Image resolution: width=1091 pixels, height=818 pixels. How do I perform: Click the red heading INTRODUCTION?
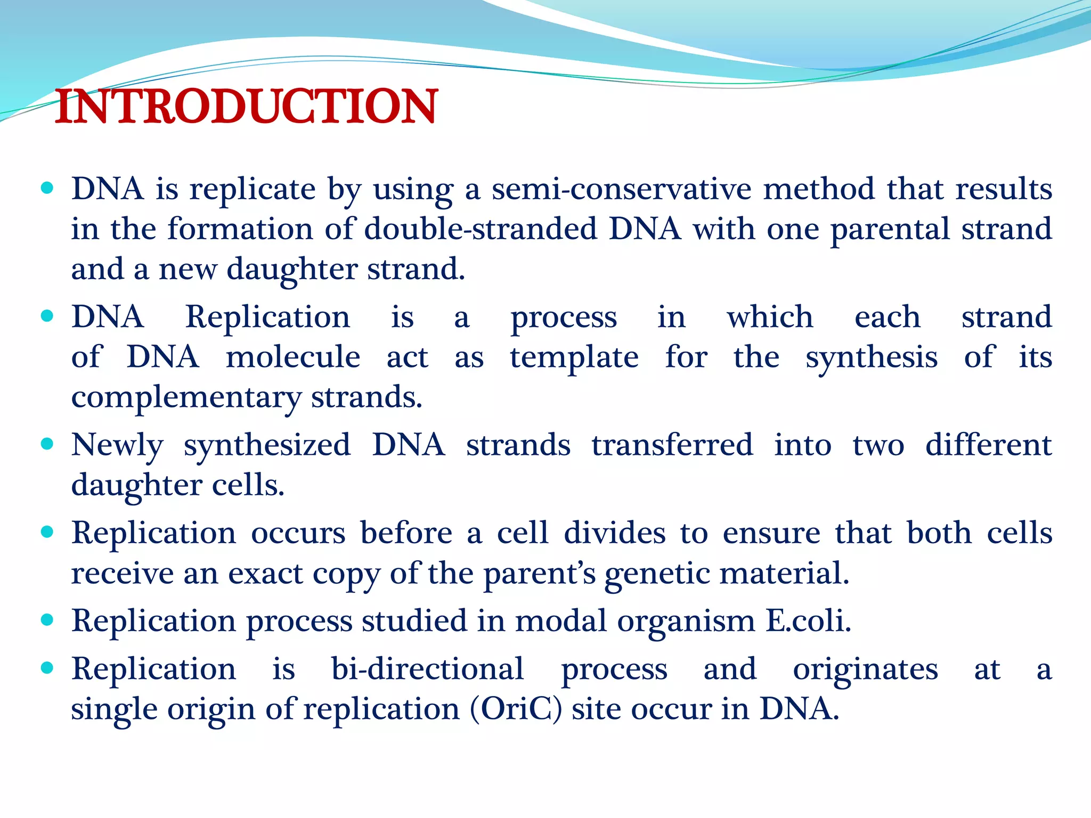point(246,107)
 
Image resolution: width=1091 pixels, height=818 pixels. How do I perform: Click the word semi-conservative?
point(621,189)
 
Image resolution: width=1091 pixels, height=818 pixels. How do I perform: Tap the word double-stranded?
point(481,229)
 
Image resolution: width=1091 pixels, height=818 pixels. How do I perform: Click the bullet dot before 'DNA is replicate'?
point(47,187)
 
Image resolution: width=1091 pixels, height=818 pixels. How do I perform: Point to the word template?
point(574,357)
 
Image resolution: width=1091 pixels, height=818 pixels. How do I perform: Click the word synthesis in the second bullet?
point(871,357)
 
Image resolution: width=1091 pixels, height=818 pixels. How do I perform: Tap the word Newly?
point(117,445)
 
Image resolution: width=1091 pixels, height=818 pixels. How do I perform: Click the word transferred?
point(672,445)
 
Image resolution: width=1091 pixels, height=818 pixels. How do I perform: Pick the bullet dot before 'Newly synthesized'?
point(47,444)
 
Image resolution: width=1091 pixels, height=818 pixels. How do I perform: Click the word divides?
point(614,533)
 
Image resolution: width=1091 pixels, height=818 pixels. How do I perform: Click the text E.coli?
point(808,621)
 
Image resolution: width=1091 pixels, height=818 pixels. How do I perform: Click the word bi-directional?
point(427,669)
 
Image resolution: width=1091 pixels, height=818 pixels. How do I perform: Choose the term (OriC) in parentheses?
point(516,709)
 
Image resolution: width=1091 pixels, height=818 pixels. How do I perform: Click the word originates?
point(865,669)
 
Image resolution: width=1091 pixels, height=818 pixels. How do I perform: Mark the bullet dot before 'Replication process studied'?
point(47,620)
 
